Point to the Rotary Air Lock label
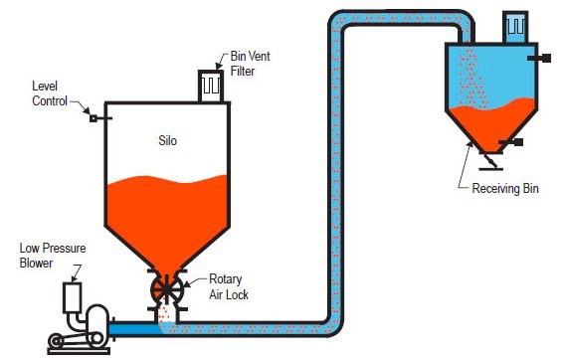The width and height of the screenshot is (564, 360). [x=230, y=286]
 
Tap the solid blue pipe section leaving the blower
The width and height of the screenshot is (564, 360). [x=133, y=324]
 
